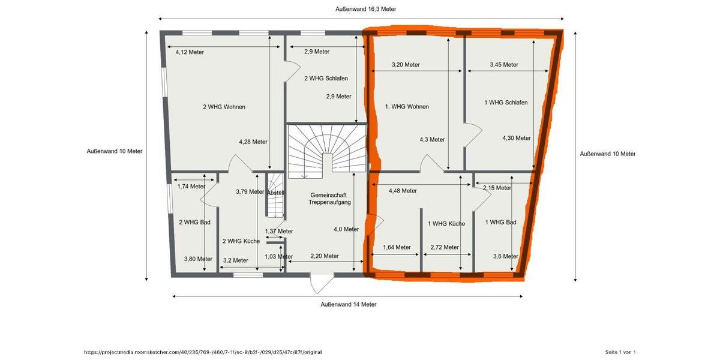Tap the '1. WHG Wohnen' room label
(x=407, y=107)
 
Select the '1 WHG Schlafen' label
(x=506, y=103)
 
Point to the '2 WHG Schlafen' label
(x=326, y=78)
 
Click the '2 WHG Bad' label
(x=194, y=222)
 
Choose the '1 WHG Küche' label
(x=446, y=224)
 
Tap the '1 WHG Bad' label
(x=500, y=222)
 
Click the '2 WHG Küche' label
(x=241, y=241)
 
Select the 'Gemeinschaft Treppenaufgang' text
(x=329, y=199)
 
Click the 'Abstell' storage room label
(x=275, y=193)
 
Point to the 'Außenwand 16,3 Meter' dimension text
(x=365, y=9)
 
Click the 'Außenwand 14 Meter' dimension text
(x=349, y=304)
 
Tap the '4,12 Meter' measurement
(x=190, y=52)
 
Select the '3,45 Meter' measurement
(x=504, y=64)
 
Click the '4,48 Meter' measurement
(x=403, y=191)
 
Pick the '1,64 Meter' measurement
(x=397, y=247)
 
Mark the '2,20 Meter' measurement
(x=324, y=256)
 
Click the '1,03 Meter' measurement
(x=278, y=257)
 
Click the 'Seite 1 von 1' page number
(x=620, y=352)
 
